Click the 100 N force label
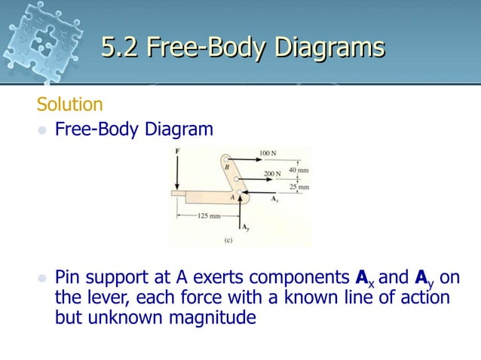pos(269,153)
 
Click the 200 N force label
pos(272,174)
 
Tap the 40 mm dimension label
pos(299,170)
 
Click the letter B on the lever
pos(226,167)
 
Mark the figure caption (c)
pos(227,241)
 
